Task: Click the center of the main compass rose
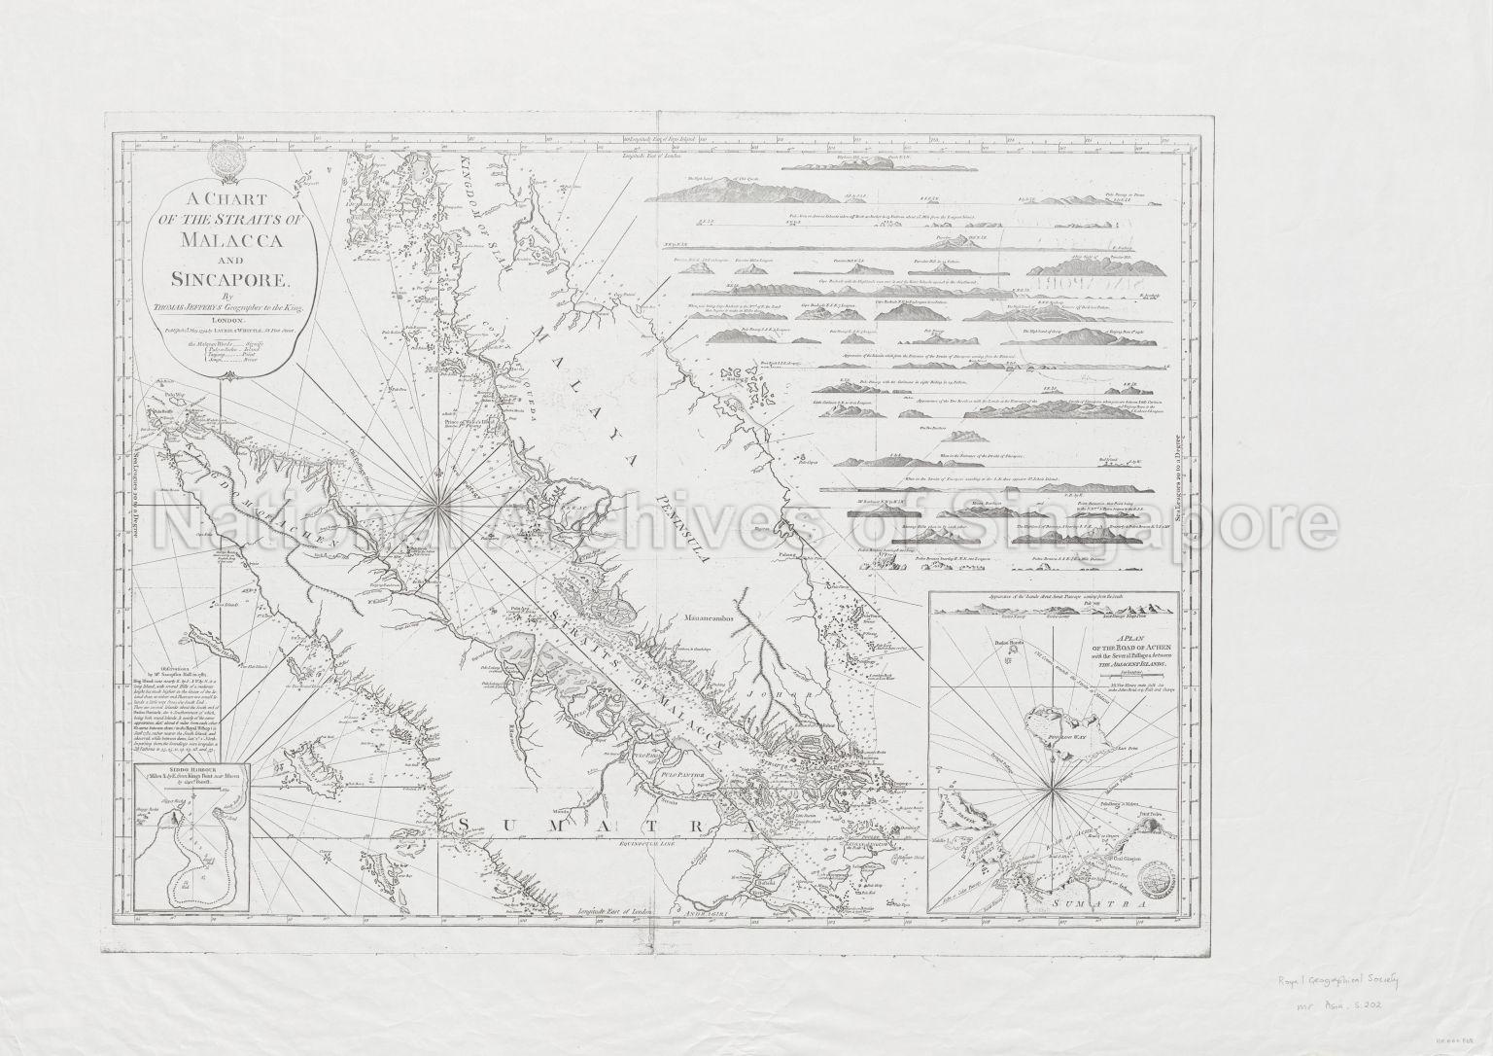(x=441, y=500)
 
